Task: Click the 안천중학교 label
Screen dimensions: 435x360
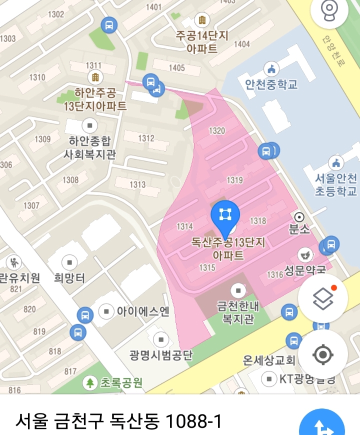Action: point(271,84)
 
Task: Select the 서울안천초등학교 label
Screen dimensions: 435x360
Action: point(336,184)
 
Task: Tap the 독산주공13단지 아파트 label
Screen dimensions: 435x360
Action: point(228,249)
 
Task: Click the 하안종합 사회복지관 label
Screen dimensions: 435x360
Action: point(89,148)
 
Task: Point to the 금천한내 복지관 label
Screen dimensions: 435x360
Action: point(238,312)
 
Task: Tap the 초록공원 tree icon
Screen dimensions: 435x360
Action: point(90,383)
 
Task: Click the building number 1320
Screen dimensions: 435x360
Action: point(217,131)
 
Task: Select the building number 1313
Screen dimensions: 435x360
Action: point(138,184)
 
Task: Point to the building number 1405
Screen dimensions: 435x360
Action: point(176,68)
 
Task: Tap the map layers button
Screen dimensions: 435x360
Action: point(323,299)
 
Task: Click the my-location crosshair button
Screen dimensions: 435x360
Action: point(323,354)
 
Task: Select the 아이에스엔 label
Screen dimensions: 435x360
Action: point(142,311)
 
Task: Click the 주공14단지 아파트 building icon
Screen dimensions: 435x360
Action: point(202,20)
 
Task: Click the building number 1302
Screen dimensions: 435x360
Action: point(56,14)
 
